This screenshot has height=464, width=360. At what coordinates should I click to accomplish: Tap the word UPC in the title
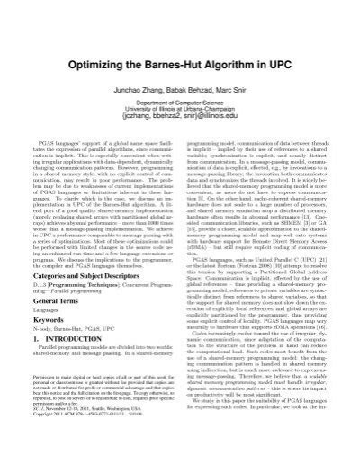[x=284, y=41]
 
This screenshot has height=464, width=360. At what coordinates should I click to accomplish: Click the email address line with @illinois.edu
[x=180, y=94]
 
